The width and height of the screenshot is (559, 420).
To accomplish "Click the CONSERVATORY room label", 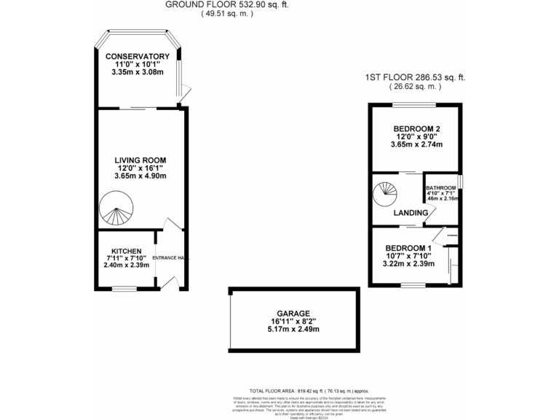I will click(137, 56).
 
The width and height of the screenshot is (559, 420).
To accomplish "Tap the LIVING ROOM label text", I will click(140, 160).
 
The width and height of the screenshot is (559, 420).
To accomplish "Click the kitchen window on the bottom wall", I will click(124, 289).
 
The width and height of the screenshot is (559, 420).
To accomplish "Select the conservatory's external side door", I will click(185, 91).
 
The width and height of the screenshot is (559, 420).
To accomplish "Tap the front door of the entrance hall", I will click(170, 283).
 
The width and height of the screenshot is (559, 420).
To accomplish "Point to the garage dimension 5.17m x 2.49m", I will click(294, 329).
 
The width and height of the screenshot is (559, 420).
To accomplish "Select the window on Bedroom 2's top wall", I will click(413, 105).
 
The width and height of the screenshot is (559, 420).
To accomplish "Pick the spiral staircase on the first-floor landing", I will click(386, 194).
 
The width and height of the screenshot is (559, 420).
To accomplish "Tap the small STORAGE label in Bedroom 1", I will click(452, 235).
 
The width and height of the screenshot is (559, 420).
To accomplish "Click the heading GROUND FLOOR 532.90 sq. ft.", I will click(208, 4).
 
